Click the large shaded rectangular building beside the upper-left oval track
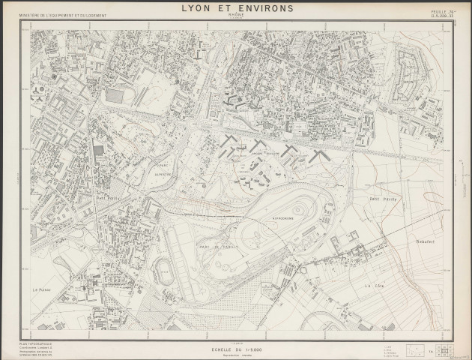[115, 96]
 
